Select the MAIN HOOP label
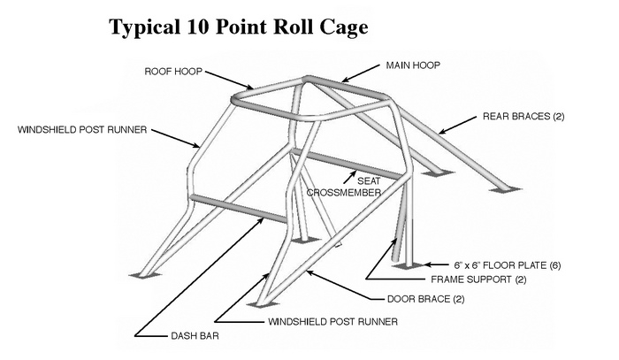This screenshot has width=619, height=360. [413, 65]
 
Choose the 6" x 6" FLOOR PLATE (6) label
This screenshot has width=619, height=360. [507, 264]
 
